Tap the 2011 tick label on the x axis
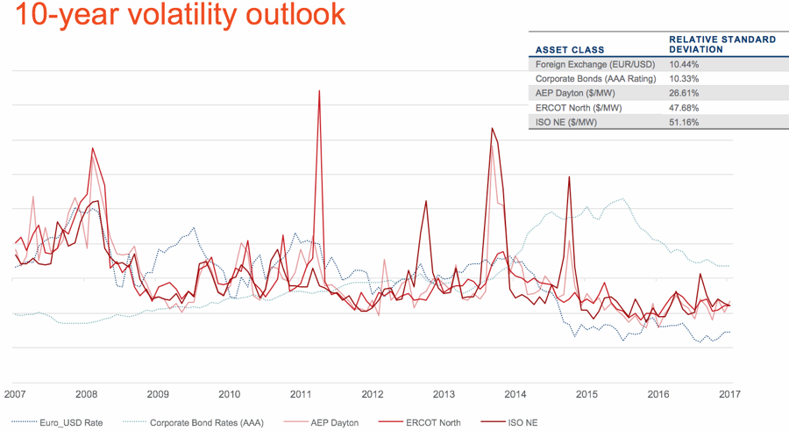point(301,394)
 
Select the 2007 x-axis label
point(15,394)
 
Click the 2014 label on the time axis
point(515,394)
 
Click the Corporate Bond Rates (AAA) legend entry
point(206,423)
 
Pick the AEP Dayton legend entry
point(334,423)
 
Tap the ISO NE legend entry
point(523,423)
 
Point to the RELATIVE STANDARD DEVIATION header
point(721,44)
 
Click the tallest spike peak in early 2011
point(319,90)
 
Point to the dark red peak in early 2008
point(92,149)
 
